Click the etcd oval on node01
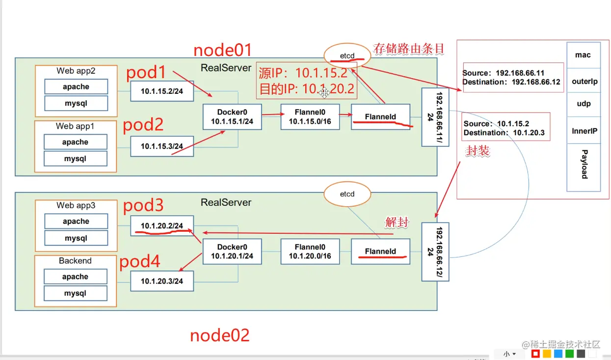[347, 55]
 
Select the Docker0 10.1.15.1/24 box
[232, 117]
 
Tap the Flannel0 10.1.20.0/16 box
[310, 251]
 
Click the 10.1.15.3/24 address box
[162, 146]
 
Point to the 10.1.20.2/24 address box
[162, 226]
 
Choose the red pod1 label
[146, 73]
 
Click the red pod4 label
[140, 262]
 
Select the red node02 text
[220, 335]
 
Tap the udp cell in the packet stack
[584, 104]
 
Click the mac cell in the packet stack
[584, 55]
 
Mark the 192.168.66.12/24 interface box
[435, 251]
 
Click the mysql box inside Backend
[75, 293]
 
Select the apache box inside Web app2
[76, 87]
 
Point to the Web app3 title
[76, 205]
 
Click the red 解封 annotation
[397, 222]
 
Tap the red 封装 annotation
[478, 151]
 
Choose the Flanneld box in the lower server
[380, 251]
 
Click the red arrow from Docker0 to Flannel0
[271, 115]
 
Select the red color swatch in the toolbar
[536, 354]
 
